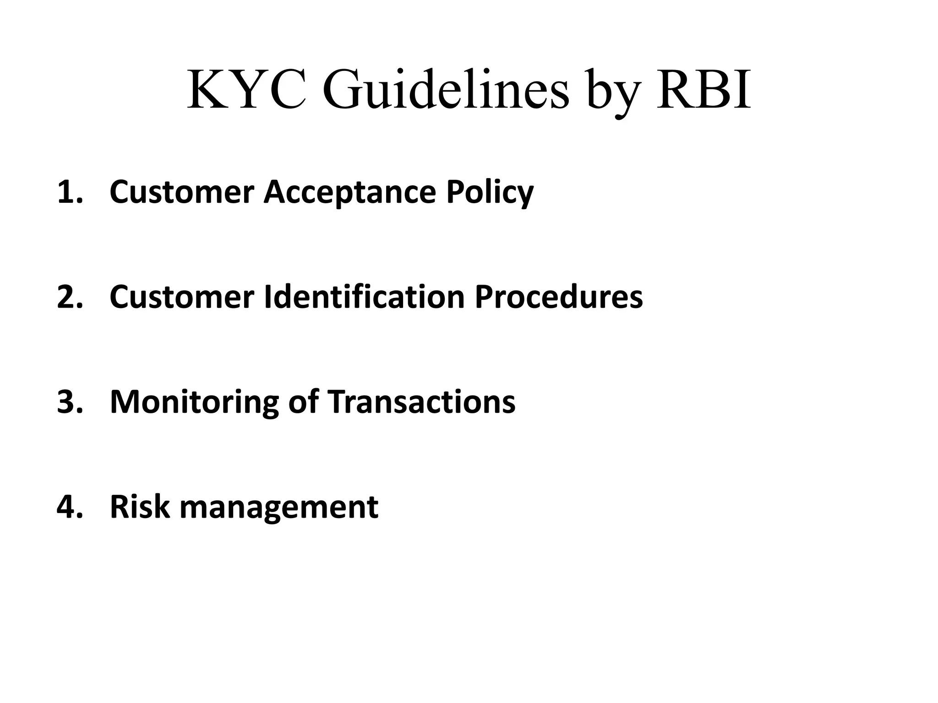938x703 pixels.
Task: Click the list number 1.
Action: [69, 192]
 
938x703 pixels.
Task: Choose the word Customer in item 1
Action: [182, 192]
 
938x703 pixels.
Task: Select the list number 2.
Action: [69, 297]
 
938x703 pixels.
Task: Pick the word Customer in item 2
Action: [182, 297]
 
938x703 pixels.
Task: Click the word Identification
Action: [365, 297]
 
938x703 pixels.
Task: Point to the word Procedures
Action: [558, 297]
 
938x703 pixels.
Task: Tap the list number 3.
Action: [69, 402]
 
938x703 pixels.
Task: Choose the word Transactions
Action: [421, 402]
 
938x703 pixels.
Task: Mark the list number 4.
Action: [69, 507]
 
